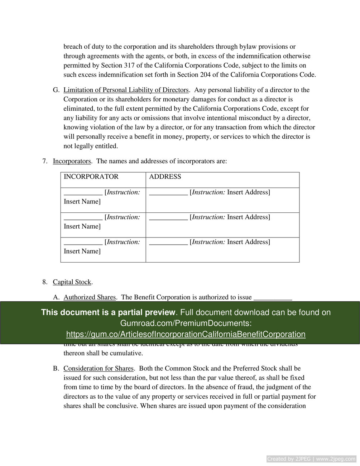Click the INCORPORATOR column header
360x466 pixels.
click(91, 177)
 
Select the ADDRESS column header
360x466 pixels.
click(165, 177)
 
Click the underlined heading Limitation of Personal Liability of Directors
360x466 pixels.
click(126, 90)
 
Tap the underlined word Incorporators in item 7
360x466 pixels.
click(72, 161)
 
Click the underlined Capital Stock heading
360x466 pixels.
click(72, 282)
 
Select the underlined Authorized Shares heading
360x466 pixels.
click(90, 297)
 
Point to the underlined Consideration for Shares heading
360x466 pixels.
click(98, 369)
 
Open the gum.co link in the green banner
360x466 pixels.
click(186, 335)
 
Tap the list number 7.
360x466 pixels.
click(44, 161)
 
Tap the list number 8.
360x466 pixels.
click(44, 282)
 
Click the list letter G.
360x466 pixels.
click(56, 90)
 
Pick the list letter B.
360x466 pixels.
click(56, 369)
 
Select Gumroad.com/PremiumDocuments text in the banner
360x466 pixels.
click(186, 323)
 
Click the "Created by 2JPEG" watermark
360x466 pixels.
click(311, 459)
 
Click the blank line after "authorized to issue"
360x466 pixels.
click(273, 297)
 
